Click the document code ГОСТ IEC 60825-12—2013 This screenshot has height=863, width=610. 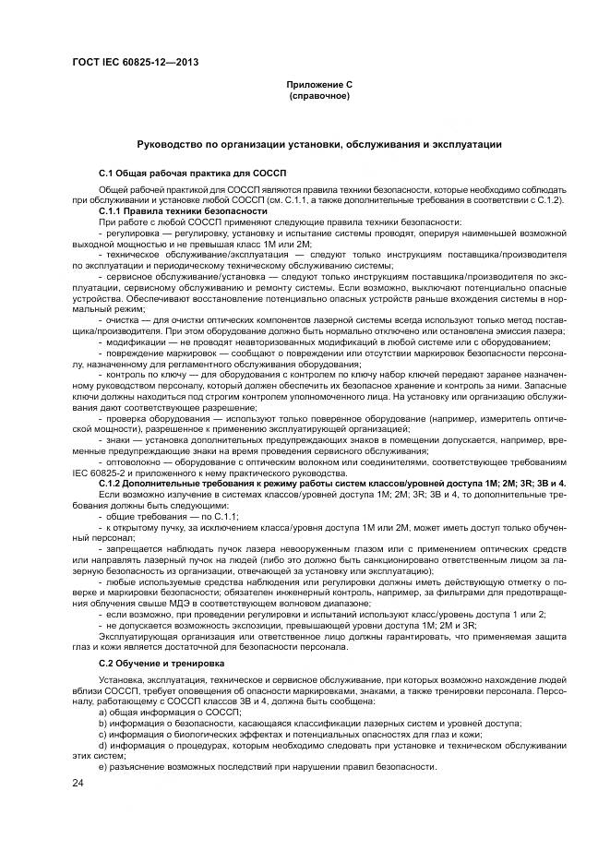[136, 63]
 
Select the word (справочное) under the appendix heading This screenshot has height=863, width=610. [319, 95]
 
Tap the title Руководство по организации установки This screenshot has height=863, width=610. [319, 145]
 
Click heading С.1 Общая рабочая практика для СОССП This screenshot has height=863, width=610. [182, 174]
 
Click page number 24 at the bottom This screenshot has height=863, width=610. [78, 784]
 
